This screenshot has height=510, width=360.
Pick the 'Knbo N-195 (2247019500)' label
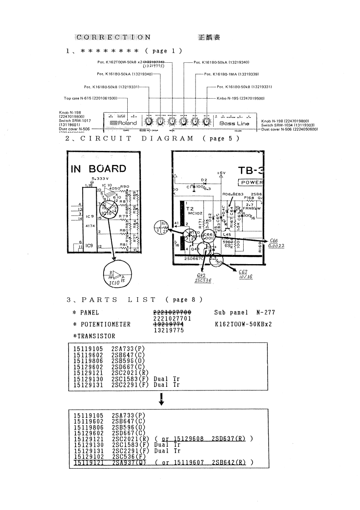click(x=240, y=98)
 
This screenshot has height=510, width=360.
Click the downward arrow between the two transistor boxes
click(x=162, y=400)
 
